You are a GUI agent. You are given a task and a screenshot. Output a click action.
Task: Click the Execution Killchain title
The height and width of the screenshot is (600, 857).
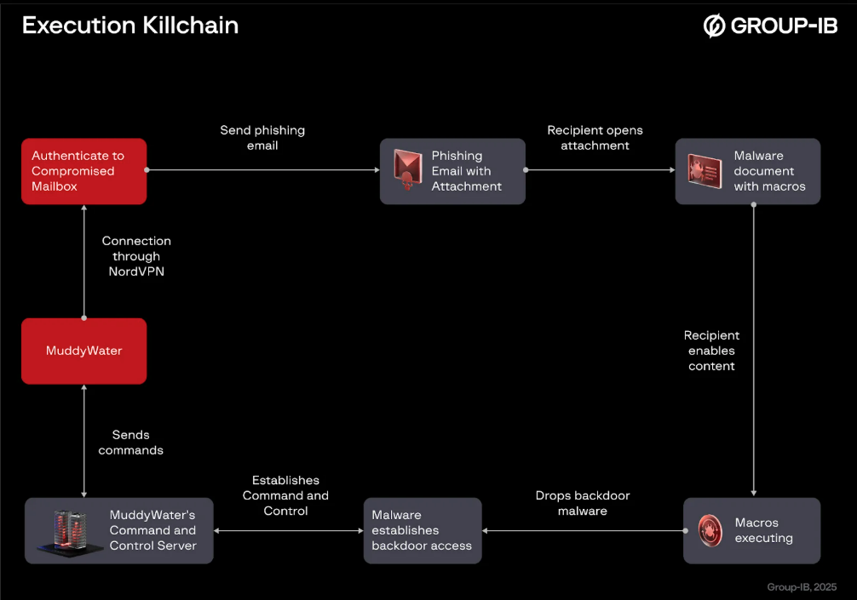129,26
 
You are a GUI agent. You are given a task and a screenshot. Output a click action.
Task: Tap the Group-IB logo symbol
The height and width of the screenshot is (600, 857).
713,26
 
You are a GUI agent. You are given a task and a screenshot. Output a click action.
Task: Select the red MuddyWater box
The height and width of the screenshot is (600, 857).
83,351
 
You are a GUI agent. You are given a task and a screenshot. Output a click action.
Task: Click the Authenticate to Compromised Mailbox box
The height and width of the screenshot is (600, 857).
83,171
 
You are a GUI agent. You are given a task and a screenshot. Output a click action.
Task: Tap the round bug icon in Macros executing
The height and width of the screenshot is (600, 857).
710,530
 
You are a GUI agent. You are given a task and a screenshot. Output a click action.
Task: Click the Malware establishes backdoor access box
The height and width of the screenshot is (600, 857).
423,530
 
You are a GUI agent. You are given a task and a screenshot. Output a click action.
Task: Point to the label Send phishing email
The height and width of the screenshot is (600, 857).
262,138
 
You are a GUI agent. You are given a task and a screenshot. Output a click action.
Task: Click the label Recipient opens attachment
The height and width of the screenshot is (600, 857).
595,138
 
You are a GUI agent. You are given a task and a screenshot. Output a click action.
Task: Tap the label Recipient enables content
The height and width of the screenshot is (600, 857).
711,351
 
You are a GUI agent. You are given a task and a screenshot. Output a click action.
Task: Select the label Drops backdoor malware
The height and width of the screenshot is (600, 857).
583,503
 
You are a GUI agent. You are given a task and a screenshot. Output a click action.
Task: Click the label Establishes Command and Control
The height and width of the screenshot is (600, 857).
285,495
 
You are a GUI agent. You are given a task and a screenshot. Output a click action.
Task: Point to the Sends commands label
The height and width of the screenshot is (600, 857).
130,443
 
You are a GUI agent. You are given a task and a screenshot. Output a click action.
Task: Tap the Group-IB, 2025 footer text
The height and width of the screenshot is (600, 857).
801,587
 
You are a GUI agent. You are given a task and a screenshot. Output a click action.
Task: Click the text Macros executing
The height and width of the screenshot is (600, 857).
763,530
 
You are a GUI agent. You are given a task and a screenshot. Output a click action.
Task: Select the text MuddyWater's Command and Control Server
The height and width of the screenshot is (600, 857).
152,530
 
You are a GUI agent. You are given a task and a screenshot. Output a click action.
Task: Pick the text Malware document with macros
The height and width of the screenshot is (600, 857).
769,171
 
